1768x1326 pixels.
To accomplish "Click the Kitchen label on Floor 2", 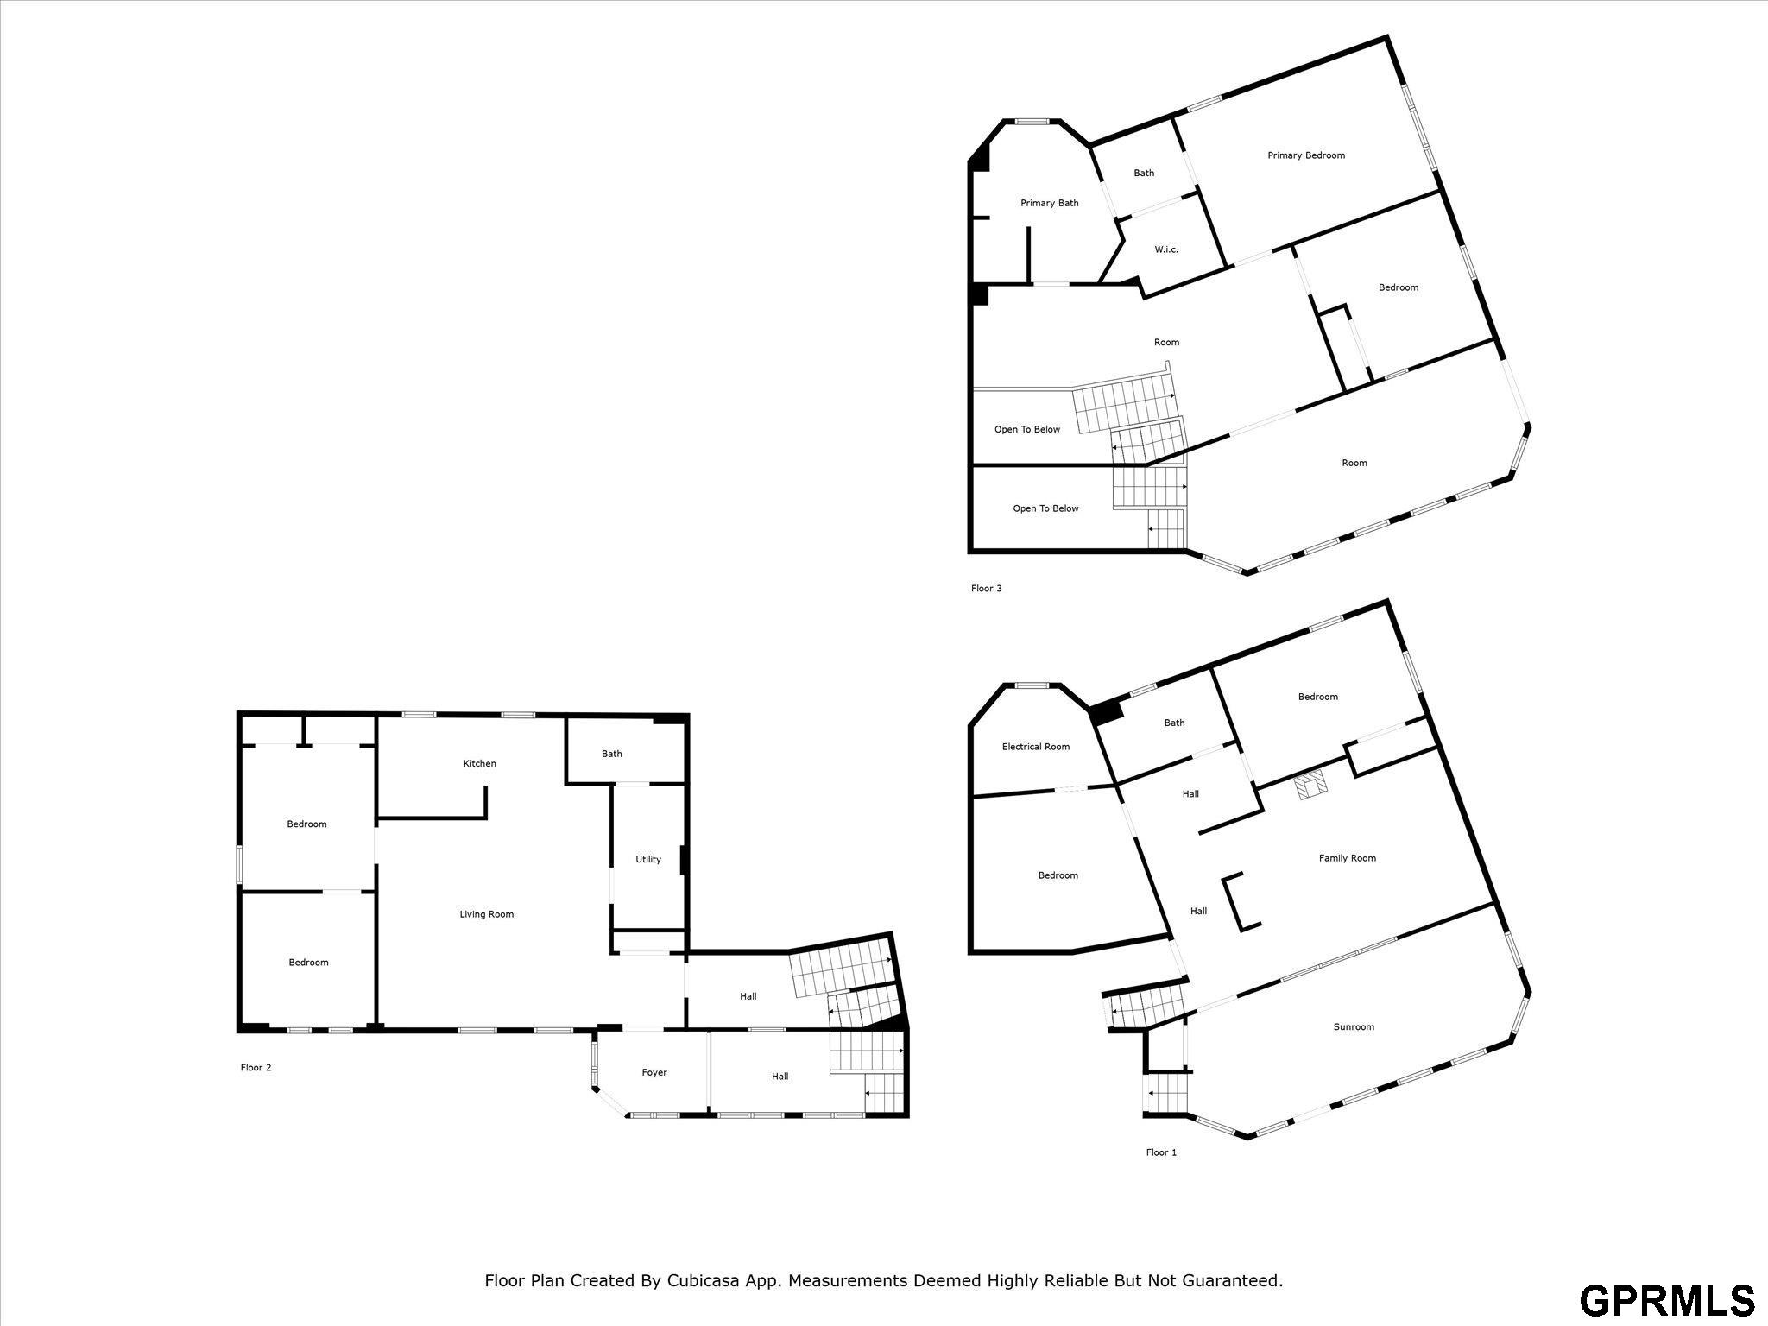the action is [x=480, y=763].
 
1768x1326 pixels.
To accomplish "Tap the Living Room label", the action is [x=487, y=914].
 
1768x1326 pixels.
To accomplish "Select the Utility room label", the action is [x=648, y=859].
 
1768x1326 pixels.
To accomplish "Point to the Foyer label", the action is [x=654, y=1072].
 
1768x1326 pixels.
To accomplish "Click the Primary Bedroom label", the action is [x=1306, y=155].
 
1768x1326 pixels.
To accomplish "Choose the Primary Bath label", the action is [x=1050, y=203].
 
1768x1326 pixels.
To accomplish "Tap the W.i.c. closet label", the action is [x=1166, y=249].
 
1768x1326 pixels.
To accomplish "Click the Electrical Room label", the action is [x=1036, y=747].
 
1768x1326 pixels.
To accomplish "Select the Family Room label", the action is [x=1348, y=858].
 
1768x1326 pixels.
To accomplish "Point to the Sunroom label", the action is [x=1354, y=1026].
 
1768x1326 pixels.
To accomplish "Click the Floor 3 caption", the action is [x=987, y=589].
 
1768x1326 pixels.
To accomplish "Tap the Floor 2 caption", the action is [x=256, y=1068].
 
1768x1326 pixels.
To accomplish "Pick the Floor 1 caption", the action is [x=1161, y=1152].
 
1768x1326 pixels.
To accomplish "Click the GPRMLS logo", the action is [x=1667, y=1300].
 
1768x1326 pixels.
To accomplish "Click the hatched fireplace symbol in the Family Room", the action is [x=1311, y=786].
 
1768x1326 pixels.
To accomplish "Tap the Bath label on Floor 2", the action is [x=612, y=754].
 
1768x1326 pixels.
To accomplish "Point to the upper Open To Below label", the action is [x=1027, y=429].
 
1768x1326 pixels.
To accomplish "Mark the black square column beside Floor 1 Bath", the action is [x=1106, y=713].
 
